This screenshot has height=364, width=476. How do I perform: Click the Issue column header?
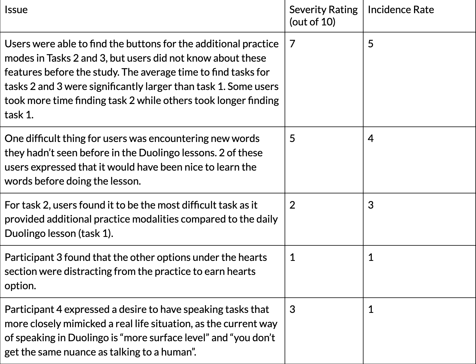tap(16, 10)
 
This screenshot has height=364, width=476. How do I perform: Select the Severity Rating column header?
tap(323, 10)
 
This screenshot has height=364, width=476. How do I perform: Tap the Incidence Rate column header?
tap(401, 10)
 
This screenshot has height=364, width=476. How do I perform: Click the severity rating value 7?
tap(292, 44)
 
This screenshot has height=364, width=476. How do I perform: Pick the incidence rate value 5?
tap(371, 44)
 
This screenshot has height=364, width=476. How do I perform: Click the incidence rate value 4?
tap(371, 138)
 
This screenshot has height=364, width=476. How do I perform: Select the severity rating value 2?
tap(292, 205)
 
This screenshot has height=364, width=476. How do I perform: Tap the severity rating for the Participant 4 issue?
tap(292, 309)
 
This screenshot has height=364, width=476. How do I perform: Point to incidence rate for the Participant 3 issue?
tap(371, 257)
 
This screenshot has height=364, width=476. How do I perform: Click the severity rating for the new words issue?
tap(292, 138)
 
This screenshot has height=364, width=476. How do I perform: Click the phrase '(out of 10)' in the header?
tap(312, 22)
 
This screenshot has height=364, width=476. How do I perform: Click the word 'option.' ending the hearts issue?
tap(20, 285)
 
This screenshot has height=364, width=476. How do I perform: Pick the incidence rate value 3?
tap(371, 205)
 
